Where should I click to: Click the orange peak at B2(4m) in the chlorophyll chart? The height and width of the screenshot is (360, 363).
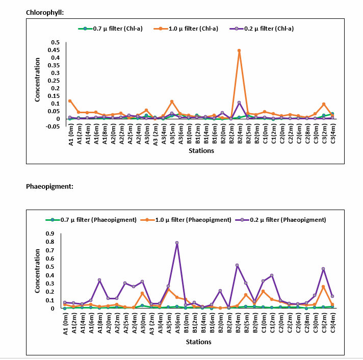239,50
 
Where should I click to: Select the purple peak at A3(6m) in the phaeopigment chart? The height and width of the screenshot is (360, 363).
177,243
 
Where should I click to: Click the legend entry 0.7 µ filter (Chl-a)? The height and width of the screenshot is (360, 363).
111,29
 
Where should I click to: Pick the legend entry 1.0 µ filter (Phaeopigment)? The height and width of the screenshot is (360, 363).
186,220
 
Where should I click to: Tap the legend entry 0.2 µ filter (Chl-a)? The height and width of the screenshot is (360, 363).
262,29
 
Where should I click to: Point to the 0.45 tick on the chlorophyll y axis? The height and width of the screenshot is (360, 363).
54,50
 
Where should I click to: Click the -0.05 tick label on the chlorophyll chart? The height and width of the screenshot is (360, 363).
53,126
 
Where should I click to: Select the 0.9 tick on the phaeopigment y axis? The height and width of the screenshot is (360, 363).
50,234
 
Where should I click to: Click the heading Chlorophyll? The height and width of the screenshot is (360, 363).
45,13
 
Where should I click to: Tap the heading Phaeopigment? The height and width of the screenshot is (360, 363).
49,186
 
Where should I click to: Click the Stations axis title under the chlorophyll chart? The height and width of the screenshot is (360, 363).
201,151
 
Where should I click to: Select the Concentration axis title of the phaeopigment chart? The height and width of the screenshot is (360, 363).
37,271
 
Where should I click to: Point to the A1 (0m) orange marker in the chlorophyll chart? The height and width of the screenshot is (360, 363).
70,101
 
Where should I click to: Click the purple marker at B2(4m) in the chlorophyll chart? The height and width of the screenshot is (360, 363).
239,102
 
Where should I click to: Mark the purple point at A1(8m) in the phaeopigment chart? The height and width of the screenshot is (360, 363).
99,280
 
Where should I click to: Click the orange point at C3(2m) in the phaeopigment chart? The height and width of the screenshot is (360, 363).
323,287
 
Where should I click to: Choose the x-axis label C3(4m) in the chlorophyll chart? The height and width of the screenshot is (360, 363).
333,134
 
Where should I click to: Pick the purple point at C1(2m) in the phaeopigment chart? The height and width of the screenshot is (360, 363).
272,275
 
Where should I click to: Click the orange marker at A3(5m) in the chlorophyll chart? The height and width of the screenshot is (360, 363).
172,101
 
